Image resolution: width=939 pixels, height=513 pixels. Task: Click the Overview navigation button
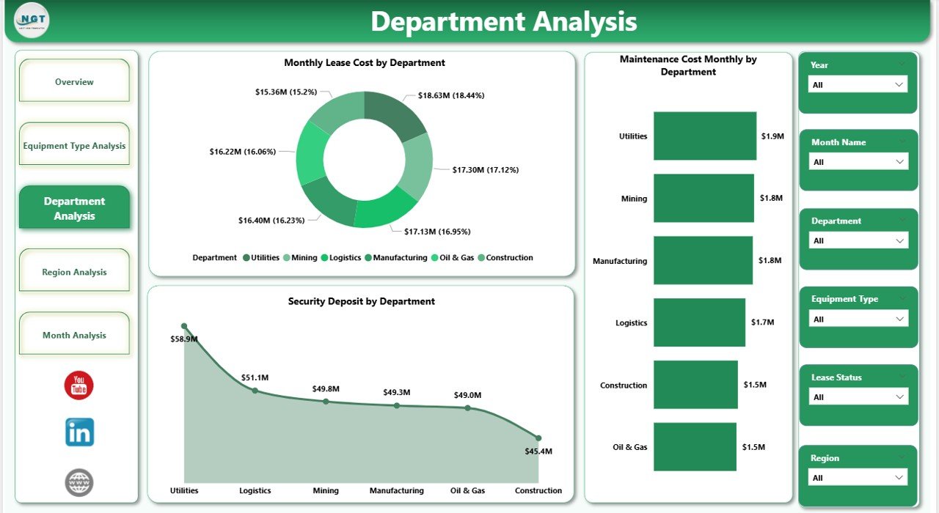pos(74,82)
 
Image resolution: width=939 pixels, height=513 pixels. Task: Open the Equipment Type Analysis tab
pos(74,146)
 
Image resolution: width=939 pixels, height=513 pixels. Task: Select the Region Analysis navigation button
pos(74,272)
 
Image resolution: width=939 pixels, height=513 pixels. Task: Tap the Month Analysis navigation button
pos(74,335)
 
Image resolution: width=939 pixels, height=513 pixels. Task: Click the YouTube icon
pos(79,385)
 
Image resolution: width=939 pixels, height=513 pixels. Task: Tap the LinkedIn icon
pos(79,432)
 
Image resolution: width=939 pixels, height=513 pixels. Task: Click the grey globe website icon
pos(79,482)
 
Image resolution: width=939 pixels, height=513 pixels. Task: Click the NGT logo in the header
pos(32,21)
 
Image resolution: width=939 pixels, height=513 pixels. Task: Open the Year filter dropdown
pos(858,84)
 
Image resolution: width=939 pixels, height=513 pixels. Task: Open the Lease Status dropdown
pos(858,397)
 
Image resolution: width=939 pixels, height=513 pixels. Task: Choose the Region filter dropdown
pos(858,478)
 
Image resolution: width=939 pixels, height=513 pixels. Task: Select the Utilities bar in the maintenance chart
pos(704,136)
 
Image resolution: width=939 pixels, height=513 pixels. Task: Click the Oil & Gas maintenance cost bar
pos(694,447)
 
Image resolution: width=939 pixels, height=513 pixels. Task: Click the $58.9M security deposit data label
pos(184,339)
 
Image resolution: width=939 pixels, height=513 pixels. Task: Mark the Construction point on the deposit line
pos(538,438)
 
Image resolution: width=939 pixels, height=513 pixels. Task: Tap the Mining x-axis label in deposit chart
pos(326,491)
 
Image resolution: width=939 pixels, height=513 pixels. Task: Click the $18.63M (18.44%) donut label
pos(451,95)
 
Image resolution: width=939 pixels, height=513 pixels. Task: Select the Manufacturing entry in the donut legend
pos(400,258)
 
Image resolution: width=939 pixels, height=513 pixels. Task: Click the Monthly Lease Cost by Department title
pos(365,63)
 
